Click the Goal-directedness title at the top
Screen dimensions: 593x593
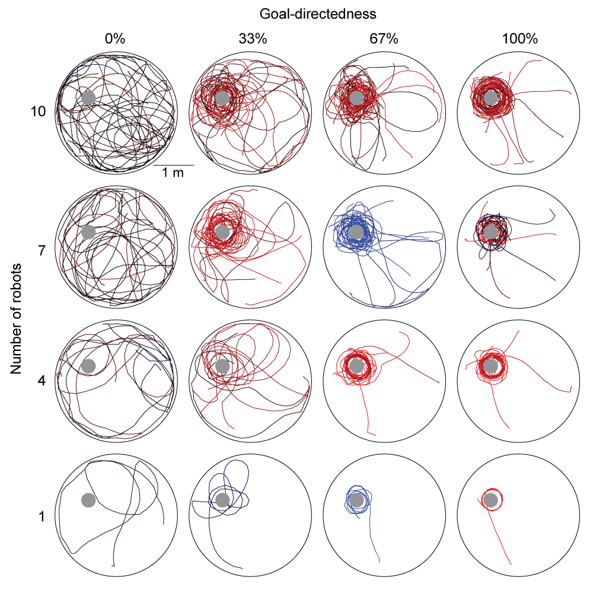318,14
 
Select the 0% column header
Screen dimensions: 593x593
115,39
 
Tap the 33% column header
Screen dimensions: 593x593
253,39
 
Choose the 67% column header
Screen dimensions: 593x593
384,39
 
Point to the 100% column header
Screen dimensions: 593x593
519,39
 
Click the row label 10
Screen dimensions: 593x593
38,111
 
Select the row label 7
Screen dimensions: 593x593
42,250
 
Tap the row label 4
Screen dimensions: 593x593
42,381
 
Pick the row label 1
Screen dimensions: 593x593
42,516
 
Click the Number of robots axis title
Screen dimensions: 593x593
16,319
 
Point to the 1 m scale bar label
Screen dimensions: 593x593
173,173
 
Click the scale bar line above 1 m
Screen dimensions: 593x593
174,165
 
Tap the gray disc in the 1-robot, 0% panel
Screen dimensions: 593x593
88,500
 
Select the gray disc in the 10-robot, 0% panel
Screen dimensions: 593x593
88,98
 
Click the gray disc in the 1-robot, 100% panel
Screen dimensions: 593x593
490,500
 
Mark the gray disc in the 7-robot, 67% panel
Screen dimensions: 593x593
356,232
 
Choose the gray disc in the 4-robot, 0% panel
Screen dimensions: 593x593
88,366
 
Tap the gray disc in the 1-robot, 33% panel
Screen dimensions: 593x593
222,500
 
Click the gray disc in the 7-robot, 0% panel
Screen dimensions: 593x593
88,232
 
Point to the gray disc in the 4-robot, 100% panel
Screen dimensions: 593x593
490,366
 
